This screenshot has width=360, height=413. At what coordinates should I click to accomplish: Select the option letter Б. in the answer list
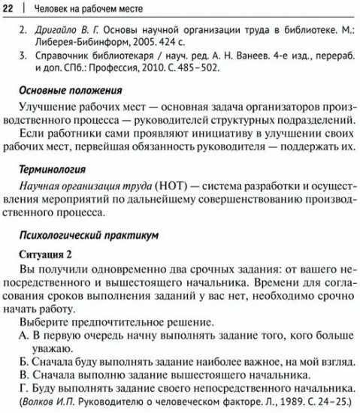[23, 361]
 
